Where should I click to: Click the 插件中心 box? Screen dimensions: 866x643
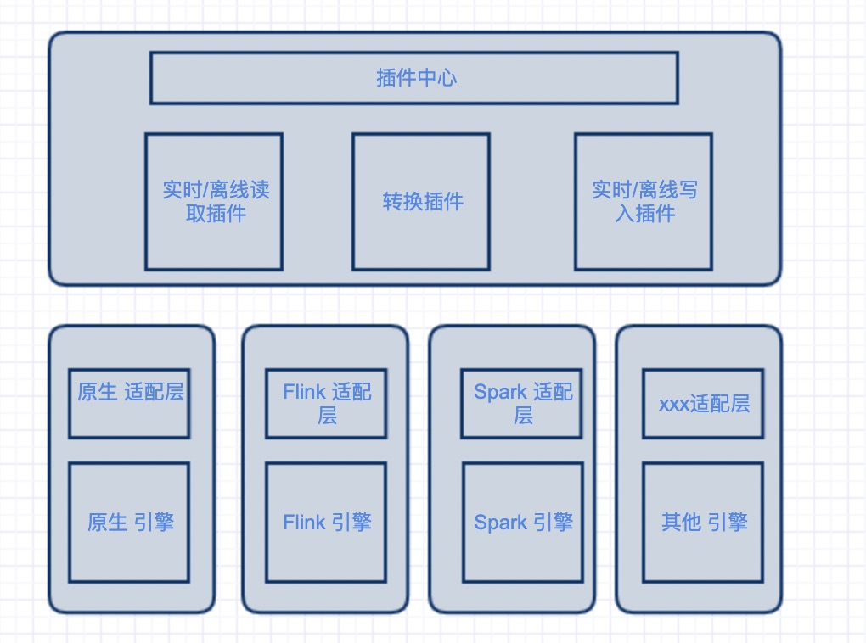(x=414, y=78)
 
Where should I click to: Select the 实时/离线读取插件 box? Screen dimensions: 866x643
(x=214, y=202)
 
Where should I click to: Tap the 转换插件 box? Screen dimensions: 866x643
(x=421, y=202)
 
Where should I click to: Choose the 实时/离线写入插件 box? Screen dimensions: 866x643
(x=644, y=202)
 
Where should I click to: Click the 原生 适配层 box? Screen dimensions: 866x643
(x=129, y=404)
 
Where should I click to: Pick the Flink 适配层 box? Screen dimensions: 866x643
(x=326, y=404)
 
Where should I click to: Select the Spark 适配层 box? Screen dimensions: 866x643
(x=522, y=404)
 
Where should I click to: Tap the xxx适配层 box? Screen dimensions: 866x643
(x=703, y=404)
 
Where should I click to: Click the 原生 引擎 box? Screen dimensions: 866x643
(x=129, y=523)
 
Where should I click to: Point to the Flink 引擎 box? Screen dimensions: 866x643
(x=326, y=523)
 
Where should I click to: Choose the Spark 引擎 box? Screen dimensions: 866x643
(x=523, y=523)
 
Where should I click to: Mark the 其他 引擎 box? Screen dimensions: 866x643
(x=703, y=523)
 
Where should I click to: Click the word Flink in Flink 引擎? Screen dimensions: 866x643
(x=304, y=523)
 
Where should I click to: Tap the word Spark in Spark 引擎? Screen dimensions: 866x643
(x=501, y=523)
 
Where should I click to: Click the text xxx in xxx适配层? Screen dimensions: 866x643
(x=674, y=405)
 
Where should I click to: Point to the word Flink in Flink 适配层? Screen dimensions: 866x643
(x=304, y=392)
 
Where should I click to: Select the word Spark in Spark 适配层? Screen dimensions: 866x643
(x=501, y=393)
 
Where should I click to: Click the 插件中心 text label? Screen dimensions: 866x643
(x=417, y=78)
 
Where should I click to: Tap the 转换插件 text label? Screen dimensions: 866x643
(x=423, y=201)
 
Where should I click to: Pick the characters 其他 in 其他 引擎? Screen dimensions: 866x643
(x=682, y=523)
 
